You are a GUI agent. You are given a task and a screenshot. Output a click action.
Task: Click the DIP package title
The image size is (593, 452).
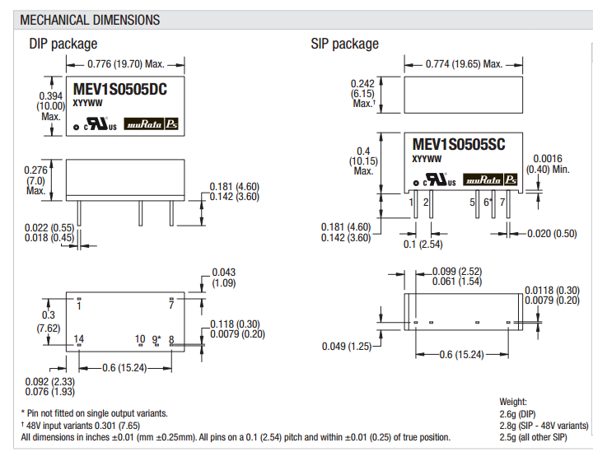(x=63, y=44)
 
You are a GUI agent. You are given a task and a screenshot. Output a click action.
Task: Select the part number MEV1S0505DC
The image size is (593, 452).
(x=120, y=91)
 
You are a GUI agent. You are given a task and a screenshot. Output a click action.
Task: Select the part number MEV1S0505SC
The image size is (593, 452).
(x=457, y=145)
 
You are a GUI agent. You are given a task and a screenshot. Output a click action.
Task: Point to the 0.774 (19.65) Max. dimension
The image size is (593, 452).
(x=465, y=63)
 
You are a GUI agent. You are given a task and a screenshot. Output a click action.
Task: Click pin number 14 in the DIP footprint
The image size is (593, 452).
(x=79, y=339)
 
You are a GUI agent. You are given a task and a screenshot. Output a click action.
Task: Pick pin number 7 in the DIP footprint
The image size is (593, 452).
(x=171, y=305)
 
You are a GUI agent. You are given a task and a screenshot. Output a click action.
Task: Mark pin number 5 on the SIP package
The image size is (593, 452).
(x=473, y=202)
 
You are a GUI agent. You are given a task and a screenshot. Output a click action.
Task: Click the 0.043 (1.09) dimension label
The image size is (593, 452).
(x=224, y=277)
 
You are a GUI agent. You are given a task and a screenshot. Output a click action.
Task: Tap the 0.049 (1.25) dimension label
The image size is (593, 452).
(x=346, y=346)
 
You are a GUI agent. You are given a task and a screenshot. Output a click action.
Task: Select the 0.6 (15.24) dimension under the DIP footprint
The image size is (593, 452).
(x=124, y=367)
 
